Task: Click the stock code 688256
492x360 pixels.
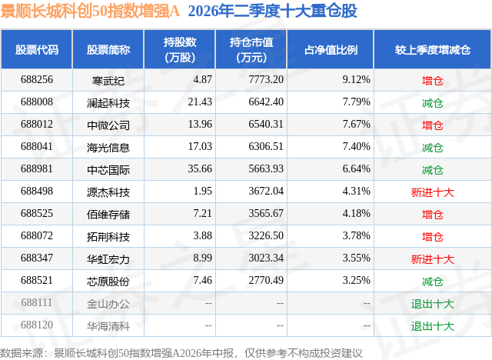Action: coord(37,79)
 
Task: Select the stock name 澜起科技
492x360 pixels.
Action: coord(108,103)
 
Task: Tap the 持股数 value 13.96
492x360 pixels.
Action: coord(200,124)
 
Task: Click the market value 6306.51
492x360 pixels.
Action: coord(266,146)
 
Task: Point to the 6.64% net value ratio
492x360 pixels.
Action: coord(356,168)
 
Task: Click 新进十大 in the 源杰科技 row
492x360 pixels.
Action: coord(432,192)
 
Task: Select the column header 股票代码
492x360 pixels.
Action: coord(37,49)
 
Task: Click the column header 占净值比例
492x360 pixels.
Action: coord(331,49)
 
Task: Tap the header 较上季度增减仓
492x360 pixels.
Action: coord(432,49)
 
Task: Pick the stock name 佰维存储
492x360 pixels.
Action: coord(108,215)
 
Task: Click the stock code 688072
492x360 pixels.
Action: coord(37,235)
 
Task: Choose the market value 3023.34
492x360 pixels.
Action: coord(266,258)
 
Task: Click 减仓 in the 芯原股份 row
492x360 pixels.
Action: coord(432,282)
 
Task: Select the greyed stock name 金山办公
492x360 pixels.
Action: coord(108,304)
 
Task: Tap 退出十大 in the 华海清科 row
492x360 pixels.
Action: coord(432,326)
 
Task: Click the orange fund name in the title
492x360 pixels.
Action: coord(90,11)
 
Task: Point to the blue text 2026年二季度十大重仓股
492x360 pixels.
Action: coord(272,11)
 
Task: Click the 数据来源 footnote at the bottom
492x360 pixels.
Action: coord(181,353)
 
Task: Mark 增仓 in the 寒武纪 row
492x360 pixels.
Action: coord(432,81)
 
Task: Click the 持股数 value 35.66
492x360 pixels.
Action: coord(200,168)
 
